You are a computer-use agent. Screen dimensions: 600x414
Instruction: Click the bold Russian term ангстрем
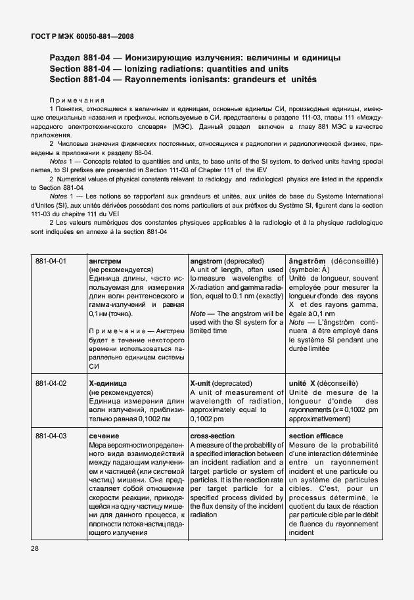[x=105, y=261]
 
